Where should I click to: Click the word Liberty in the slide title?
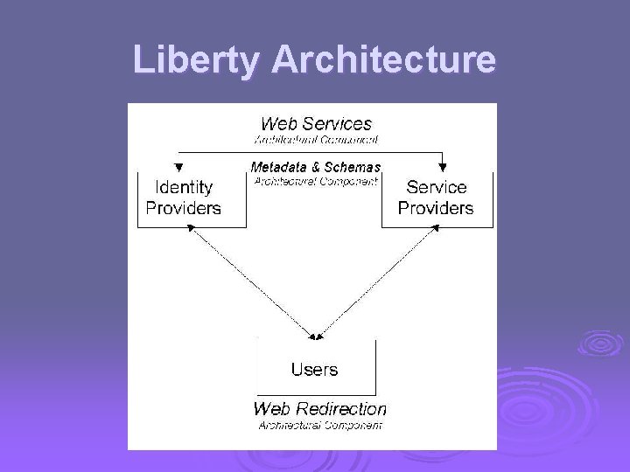tap(197, 60)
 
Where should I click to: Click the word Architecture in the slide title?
tap(384, 60)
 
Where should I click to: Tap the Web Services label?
tap(316, 124)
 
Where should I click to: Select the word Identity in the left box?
tap(183, 187)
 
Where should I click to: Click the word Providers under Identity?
tap(183, 208)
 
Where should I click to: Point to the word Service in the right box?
tap(436, 187)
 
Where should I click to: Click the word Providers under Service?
tap(436, 208)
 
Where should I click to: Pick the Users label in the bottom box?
tap(314, 369)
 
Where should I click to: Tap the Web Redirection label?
tap(319, 408)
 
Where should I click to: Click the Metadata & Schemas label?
tap(315, 167)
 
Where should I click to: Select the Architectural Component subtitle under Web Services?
tap(316, 139)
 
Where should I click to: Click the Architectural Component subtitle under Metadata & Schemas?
tap(315, 181)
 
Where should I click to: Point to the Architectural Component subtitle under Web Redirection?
tap(319, 425)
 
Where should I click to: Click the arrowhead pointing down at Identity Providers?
tap(178, 166)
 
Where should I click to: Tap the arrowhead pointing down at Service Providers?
tap(443, 166)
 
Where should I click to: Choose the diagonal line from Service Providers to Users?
tap(376, 280)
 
